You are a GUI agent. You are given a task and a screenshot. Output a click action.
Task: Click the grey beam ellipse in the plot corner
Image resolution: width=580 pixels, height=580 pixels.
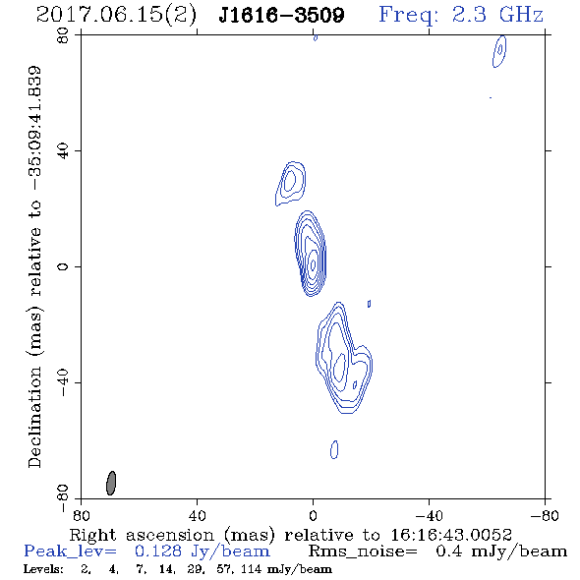click(x=111, y=483)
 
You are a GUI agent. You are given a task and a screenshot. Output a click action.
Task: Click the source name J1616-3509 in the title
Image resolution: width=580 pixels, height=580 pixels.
click(x=281, y=16)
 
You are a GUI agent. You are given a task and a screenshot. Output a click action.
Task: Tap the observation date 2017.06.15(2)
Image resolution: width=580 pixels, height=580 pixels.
click(x=116, y=16)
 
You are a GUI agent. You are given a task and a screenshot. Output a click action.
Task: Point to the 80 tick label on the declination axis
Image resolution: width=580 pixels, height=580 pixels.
click(x=63, y=36)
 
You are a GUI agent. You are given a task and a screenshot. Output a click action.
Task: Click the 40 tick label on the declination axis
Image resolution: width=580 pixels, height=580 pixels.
click(x=63, y=151)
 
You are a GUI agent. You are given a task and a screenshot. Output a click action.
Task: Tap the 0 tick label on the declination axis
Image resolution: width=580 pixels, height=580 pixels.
click(x=63, y=266)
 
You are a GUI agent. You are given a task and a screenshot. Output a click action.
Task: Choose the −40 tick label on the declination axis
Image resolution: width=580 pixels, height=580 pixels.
click(x=63, y=382)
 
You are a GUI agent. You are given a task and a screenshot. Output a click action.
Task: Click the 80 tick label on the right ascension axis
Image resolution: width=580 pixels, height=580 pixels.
click(x=81, y=515)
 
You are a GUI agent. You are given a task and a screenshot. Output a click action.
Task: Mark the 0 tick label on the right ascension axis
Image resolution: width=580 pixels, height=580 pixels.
click(x=313, y=515)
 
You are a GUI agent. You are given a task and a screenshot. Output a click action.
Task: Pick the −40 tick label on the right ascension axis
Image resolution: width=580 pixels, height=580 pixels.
click(x=429, y=515)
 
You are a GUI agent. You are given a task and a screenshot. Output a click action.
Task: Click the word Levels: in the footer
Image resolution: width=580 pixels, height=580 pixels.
click(x=43, y=569)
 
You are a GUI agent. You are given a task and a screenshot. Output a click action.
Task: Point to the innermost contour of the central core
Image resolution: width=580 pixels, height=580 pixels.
click(x=313, y=264)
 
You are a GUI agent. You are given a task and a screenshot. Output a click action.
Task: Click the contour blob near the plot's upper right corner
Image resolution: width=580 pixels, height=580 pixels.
click(x=499, y=51)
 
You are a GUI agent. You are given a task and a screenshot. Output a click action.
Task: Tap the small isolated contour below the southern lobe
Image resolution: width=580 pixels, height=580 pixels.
click(x=334, y=449)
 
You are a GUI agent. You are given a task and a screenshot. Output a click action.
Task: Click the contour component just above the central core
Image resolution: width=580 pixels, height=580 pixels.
click(x=291, y=183)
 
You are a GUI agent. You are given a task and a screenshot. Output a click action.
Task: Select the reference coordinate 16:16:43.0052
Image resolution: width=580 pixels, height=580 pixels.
click(x=451, y=535)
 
